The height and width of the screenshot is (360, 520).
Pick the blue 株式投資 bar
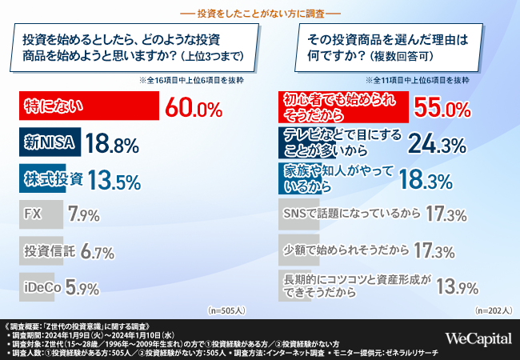click(x=52, y=178)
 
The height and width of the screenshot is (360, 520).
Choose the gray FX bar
click(x=41, y=214)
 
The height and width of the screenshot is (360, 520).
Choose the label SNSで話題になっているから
click(x=351, y=214)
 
